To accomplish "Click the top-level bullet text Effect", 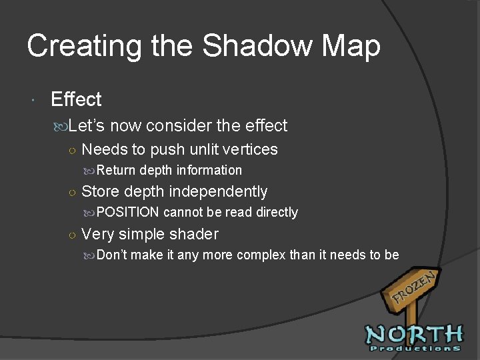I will click(76, 100).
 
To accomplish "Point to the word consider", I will click(180, 125).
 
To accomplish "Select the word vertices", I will click(251, 149).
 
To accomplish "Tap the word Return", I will click(116, 171).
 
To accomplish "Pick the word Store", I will click(100, 192).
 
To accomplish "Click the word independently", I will click(218, 192).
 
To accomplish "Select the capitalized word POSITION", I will click(128, 213).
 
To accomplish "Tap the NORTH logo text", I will click(413, 333).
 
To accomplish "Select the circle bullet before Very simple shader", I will click(71, 235).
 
